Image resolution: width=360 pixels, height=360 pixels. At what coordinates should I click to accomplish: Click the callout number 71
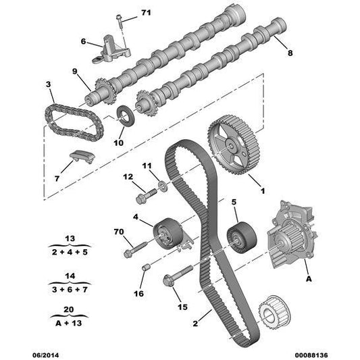(x=146, y=12)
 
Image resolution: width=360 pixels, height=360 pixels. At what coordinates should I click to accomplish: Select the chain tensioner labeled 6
(x=111, y=49)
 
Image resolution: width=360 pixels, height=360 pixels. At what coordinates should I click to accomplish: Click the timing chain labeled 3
(x=74, y=122)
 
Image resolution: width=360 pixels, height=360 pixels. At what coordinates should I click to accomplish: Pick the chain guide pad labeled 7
(x=82, y=157)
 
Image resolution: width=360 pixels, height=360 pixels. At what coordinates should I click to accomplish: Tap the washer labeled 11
(x=163, y=186)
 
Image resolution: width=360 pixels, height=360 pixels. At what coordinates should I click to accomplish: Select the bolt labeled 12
(x=147, y=196)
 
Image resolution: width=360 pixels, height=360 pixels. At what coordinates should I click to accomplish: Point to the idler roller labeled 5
(x=242, y=237)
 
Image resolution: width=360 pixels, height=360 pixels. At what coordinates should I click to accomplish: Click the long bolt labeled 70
(x=135, y=249)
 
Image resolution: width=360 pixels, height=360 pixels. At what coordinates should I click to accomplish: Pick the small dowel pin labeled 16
(x=146, y=267)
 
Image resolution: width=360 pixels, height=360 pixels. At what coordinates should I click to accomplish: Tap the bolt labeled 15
(x=178, y=276)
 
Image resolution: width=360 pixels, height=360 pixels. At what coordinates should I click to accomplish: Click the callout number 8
(x=290, y=53)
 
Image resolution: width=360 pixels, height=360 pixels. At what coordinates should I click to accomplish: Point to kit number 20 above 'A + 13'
(x=69, y=309)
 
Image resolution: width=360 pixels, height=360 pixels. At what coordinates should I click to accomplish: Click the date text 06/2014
(x=45, y=355)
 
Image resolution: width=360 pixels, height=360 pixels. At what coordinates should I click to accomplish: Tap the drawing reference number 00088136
(x=311, y=355)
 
